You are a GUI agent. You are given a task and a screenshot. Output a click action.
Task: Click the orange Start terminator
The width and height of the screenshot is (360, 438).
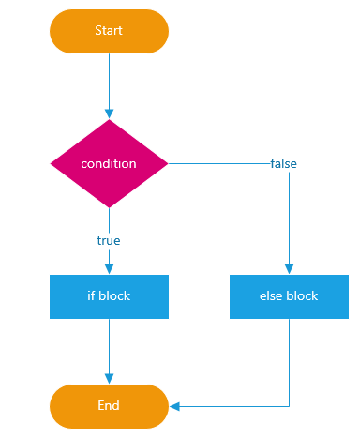[x=109, y=31]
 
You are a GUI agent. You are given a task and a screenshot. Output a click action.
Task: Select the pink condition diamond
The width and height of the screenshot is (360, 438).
[x=109, y=163]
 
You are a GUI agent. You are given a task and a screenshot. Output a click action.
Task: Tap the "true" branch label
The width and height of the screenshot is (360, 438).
[x=109, y=240]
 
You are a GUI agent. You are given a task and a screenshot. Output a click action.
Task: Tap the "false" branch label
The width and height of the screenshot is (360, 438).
[x=283, y=163]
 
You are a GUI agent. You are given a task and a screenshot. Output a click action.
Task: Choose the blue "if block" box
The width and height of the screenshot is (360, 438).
[x=109, y=296]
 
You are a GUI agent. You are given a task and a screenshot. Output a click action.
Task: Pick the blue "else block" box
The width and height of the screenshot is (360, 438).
[x=289, y=296]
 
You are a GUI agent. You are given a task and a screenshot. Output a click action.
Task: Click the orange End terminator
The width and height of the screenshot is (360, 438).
[x=109, y=406]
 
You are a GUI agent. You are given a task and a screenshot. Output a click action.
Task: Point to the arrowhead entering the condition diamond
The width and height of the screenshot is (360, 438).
[x=109, y=114]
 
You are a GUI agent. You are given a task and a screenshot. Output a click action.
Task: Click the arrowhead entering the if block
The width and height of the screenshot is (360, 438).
[x=109, y=269]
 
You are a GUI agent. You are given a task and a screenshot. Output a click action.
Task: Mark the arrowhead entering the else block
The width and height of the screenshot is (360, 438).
[x=289, y=269]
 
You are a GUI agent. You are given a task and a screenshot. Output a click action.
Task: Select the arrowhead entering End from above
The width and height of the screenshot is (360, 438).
[x=109, y=379]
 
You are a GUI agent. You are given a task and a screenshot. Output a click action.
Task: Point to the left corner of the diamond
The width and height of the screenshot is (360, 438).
[x=51, y=163]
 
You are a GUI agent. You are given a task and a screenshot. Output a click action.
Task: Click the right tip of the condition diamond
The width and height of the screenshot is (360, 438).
[x=167, y=163]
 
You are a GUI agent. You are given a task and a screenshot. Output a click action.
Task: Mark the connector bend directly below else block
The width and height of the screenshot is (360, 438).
[x=289, y=406]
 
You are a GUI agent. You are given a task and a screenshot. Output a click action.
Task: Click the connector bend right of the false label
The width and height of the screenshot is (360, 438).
[x=289, y=163]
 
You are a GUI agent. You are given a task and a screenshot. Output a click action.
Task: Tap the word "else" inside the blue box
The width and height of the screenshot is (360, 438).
[x=271, y=296]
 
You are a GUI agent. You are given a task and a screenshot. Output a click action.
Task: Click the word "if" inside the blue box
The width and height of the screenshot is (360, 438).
[x=91, y=296]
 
